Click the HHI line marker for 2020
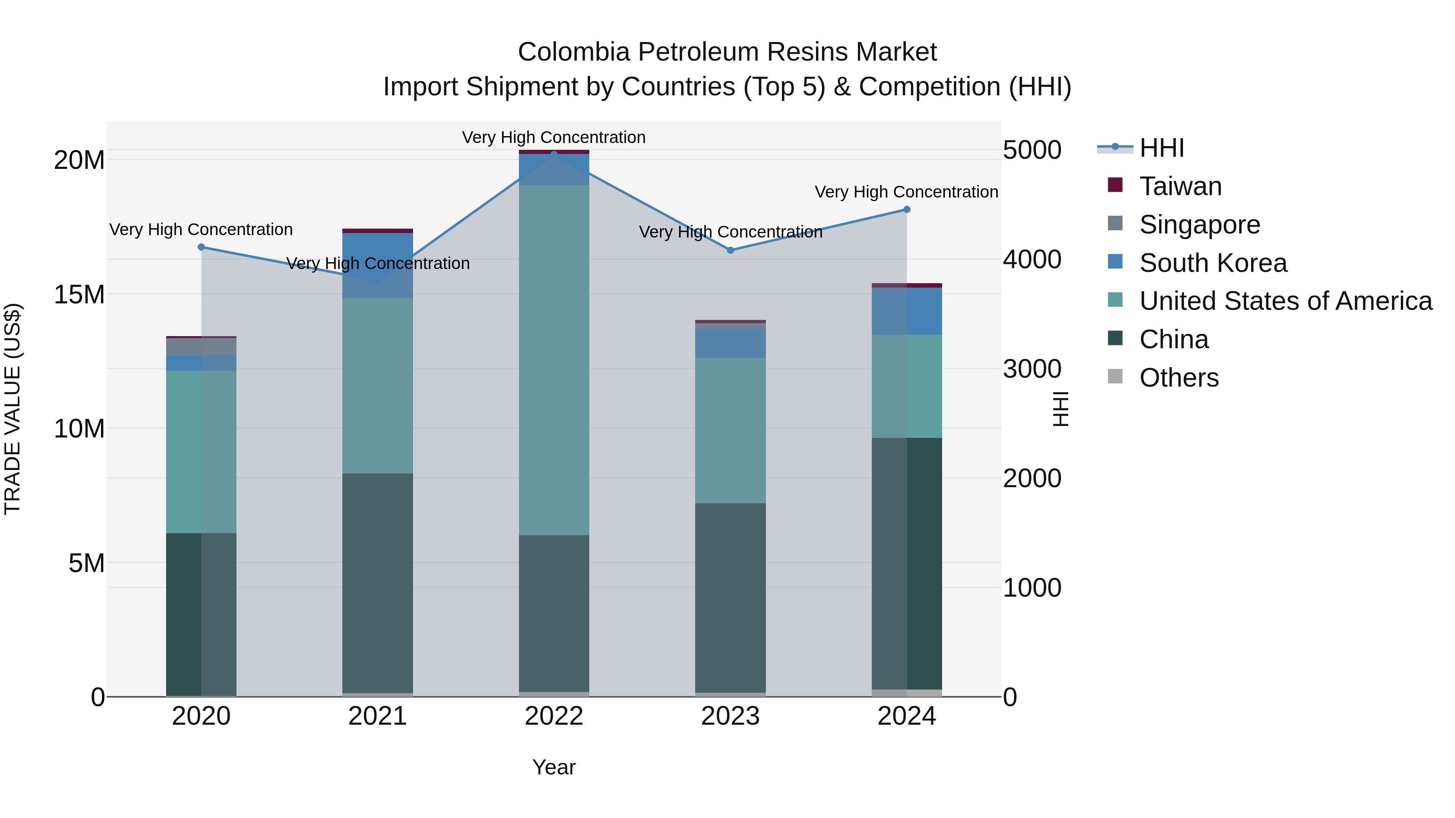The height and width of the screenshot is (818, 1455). tap(201, 247)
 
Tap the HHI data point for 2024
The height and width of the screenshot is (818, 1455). tap(907, 209)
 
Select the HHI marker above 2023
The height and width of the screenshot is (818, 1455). tap(730, 250)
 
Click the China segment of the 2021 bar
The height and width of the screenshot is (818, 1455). tap(377, 581)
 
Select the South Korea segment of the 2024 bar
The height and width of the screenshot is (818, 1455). tap(907, 311)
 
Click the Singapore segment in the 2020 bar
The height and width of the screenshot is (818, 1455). tap(201, 347)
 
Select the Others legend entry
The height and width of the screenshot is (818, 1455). tap(1179, 378)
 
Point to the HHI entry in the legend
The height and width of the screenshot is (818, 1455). tap(1161, 148)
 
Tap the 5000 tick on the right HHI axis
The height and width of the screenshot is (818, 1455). tap(1032, 150)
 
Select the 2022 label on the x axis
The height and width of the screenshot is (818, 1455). tap(554, 716)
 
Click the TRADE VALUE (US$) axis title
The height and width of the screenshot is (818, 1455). tap(13, 409)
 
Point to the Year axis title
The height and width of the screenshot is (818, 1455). tap(554, 767)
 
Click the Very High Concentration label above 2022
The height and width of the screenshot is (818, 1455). tap(554, 138)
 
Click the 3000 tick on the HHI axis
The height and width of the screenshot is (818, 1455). tap(1032, 369)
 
